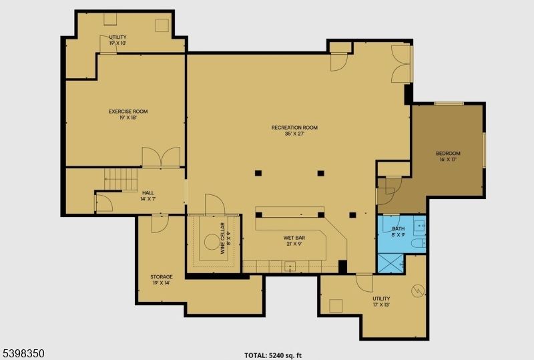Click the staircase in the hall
[x=121, y=179]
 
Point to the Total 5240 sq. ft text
[x=277, y=355]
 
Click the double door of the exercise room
[x=161, y=158]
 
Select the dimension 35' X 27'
[x=294, y=134]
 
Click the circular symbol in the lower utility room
[x=418, y=291]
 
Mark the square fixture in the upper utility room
[x=162, y=25]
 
